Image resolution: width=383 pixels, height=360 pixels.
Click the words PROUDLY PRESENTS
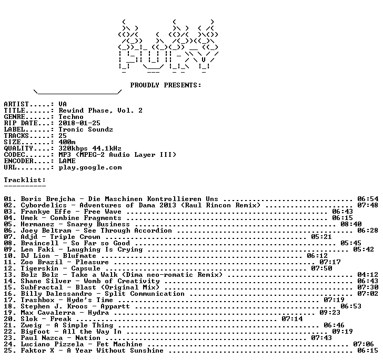(x=165, y=85)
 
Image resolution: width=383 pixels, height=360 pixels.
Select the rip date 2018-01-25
(x=79, y=123)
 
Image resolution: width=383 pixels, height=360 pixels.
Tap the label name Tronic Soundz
(x=86, y=129)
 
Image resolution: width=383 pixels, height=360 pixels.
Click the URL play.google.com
(x=90, y=168)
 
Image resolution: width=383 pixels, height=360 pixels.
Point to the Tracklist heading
(x=25, y=180)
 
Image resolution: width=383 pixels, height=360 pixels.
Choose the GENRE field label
(x=14, y=116)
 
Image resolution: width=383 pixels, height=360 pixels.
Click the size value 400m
(x=67, y=142)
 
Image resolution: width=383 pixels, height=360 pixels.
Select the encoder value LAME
(x=67, y=161)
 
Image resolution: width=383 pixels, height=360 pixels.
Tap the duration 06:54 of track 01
(x=368, y=199)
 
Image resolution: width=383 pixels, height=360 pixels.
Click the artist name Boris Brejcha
(x=48, y=199)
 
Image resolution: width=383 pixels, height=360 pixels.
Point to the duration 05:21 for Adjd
(x=321, y=237)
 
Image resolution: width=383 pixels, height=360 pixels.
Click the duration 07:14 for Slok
(x=292, y=319)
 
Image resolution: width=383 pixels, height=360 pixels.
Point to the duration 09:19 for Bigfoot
(x=342, y=332)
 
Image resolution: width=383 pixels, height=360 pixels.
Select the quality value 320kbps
(x=73, y=148)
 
